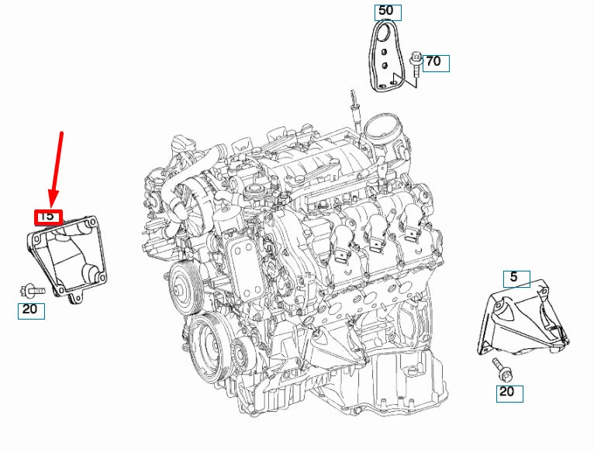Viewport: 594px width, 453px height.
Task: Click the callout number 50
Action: point(385,11)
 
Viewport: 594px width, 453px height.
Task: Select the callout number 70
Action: point(434,61)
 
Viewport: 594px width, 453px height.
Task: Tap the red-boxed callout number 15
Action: point(47,216)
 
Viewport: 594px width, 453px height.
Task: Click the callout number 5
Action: point(514,277)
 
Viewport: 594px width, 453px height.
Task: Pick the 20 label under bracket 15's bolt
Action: point(30,310)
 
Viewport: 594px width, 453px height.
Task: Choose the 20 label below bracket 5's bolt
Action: point(506,392)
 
